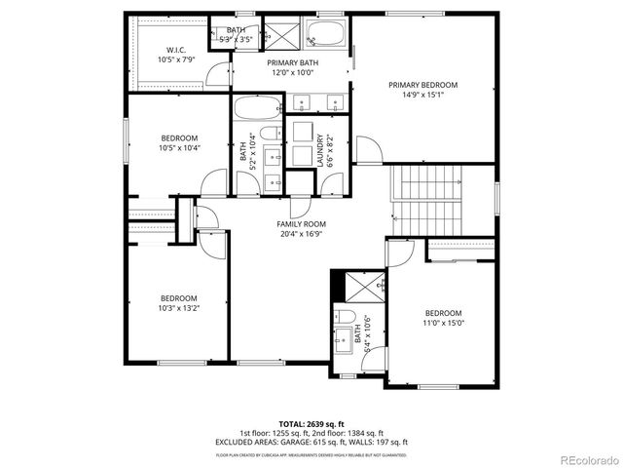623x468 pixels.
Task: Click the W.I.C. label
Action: point(175,50)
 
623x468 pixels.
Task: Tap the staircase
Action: point(423,200)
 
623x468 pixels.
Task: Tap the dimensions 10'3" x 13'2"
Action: point(179,308)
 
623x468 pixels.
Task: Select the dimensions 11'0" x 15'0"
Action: point(444,322)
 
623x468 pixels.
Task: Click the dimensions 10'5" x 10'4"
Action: point(179,148)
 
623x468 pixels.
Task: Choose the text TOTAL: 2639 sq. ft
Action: point(311,424)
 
